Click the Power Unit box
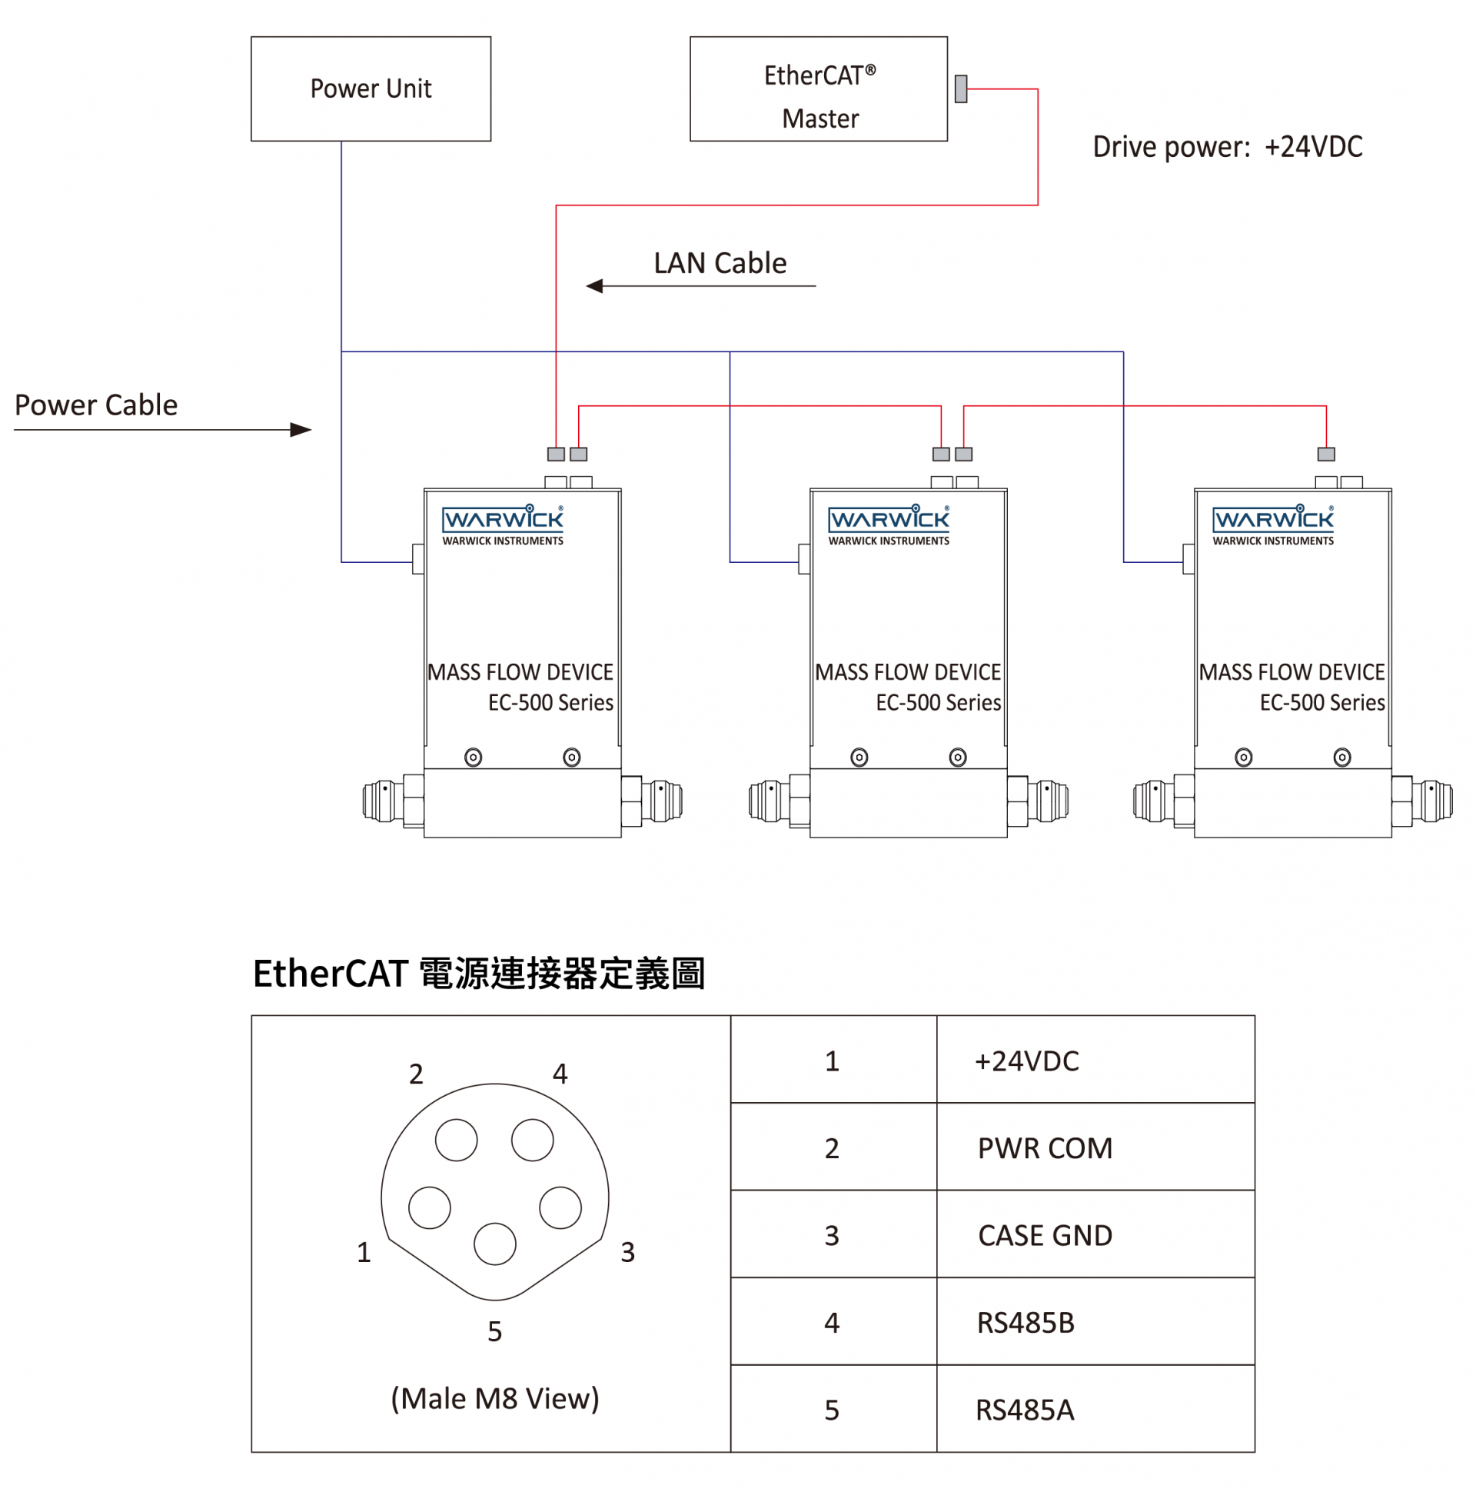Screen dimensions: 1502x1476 tap(371, 88)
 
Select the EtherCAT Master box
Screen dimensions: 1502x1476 tap(818, 88)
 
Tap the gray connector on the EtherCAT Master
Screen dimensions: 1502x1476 tap(960, 88)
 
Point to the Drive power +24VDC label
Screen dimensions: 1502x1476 tap(1227, 147)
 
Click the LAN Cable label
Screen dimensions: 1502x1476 tap(720, 263)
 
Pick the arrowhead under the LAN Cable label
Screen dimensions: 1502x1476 tap(593, 286)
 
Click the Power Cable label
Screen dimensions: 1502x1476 tap(96, 405)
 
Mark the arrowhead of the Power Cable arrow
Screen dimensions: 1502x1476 tap(301, 430)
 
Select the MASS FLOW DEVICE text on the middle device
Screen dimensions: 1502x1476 tap(907, 671)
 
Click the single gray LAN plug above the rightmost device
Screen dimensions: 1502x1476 tap(1325, 454)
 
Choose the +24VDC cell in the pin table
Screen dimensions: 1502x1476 tap(1026, 1060)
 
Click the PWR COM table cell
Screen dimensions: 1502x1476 tap(1044, 1147)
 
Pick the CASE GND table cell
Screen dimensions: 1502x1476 tap(1044, 1234)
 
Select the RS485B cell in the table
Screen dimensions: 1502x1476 tap(1025, 1322)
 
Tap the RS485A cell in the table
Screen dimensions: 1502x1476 tap(1024, 1409)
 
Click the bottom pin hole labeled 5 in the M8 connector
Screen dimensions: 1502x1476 tap(494, 1243)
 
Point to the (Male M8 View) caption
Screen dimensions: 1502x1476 tap(494, 1398)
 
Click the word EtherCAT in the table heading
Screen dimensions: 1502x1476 tap(331, 973)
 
